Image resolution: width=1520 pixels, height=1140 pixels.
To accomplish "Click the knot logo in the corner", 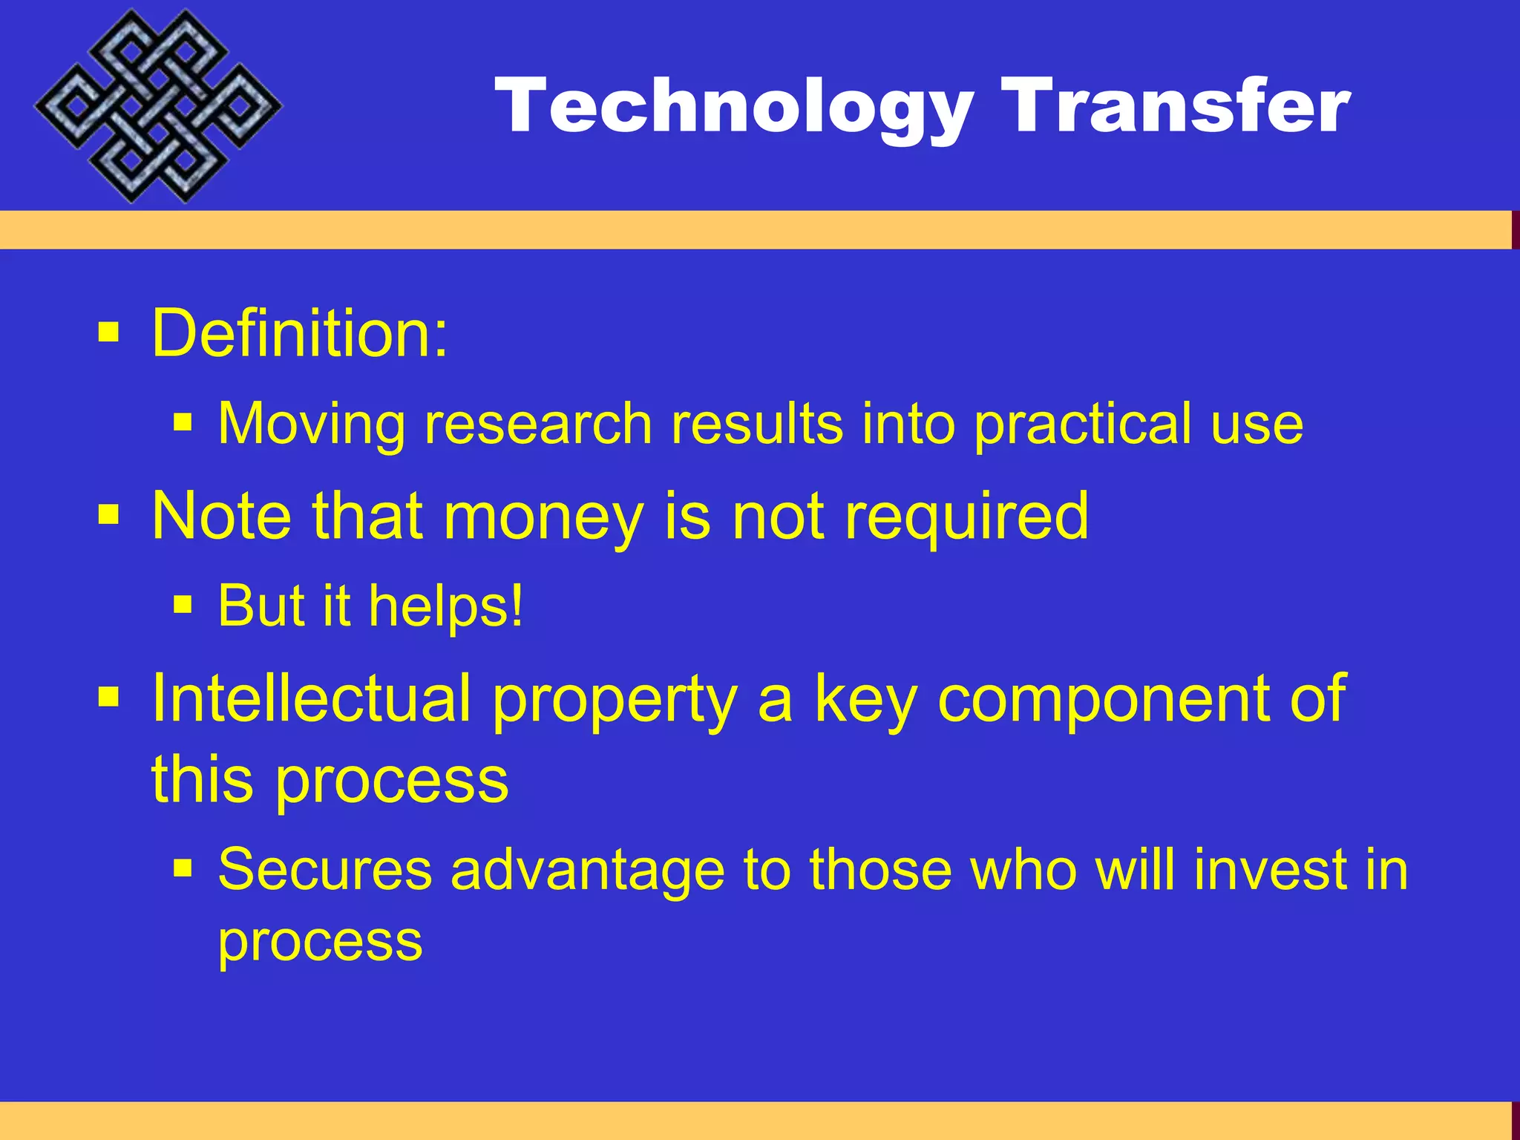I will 157,105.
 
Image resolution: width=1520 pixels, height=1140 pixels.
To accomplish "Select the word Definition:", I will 300,333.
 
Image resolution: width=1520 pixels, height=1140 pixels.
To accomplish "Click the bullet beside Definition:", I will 108,332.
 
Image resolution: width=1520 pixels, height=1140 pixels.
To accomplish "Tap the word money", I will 543,517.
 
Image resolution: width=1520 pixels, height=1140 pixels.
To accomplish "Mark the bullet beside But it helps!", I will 183,605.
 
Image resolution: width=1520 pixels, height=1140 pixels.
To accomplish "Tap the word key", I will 866,699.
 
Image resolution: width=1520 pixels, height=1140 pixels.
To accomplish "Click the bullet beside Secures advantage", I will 183,868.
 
